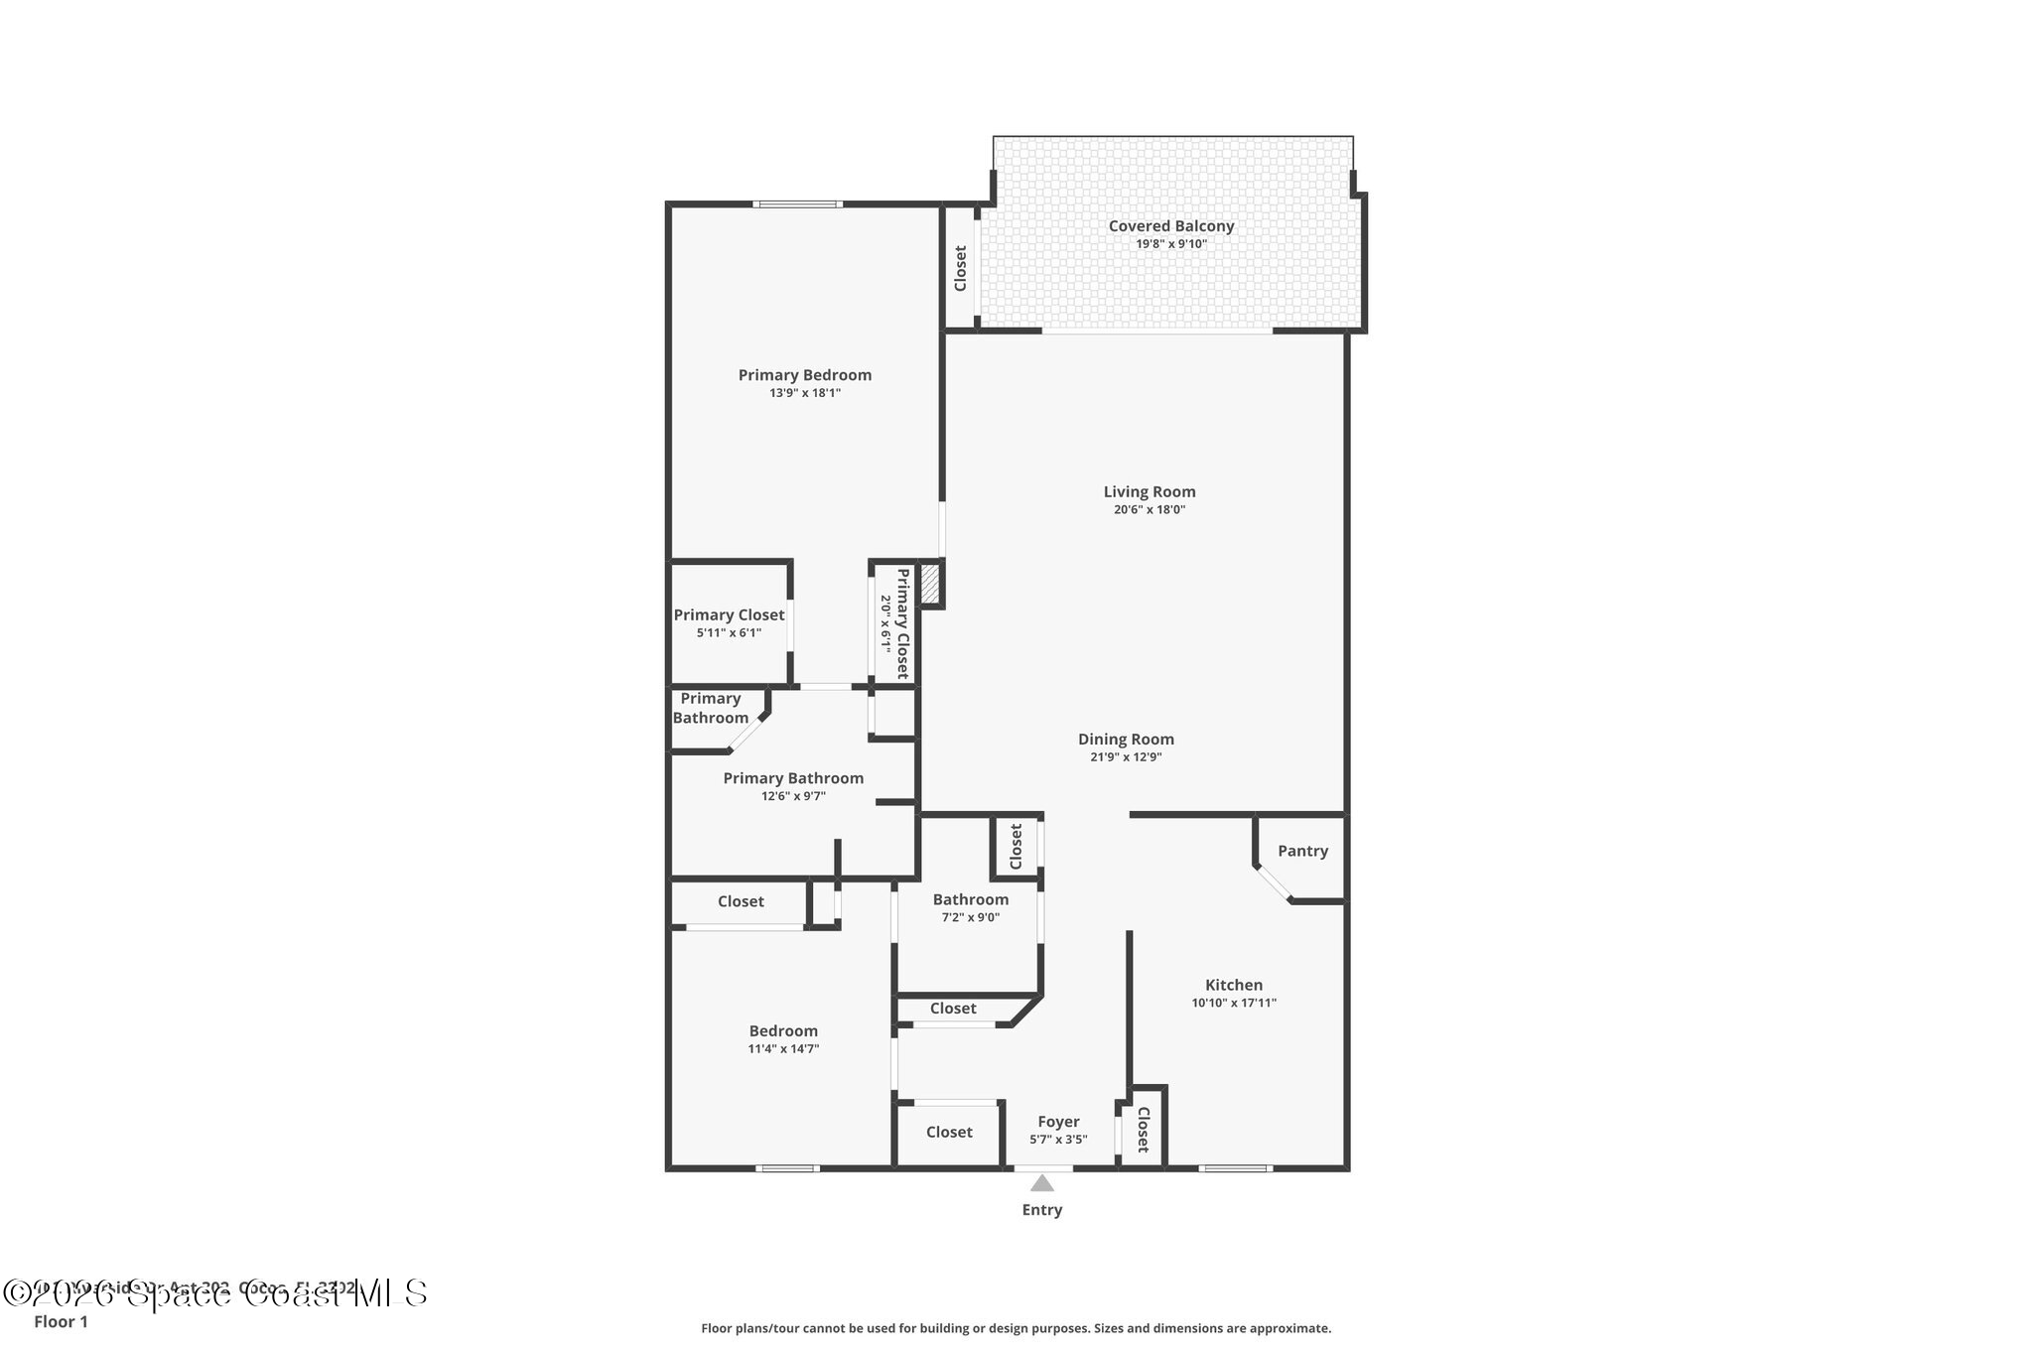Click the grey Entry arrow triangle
point(1041,1183)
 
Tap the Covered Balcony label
point(1171,226)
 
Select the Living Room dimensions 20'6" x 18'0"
point(1150,510)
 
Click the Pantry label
point(1302,851)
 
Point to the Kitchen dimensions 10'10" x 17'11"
point(1234,1003)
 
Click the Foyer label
point(1058,1122)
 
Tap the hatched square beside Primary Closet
point(930,584)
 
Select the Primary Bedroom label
point(805,375)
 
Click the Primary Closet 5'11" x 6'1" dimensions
point(729,632)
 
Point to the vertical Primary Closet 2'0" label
point(902,623)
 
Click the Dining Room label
point(1126,740)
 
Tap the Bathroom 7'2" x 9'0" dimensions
point(970,917)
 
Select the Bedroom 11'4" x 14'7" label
point(783,1031)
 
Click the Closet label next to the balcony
point(960,268)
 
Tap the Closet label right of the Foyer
point(1143,1130)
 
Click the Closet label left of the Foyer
point(949,1133)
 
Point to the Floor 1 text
point(61,1321)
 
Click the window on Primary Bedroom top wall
point(797,204)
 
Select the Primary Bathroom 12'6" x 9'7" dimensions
point(793,796)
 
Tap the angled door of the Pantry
point(1273,883)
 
